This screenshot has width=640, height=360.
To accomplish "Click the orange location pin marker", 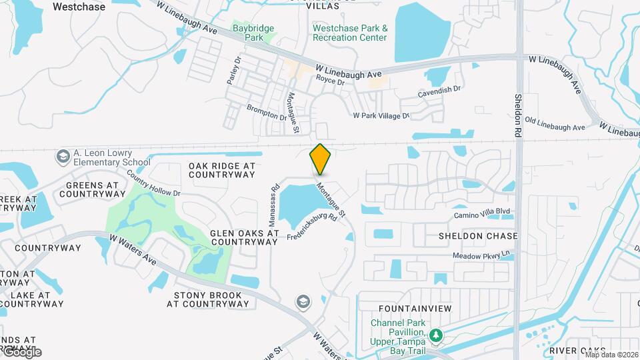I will tap(320, 159).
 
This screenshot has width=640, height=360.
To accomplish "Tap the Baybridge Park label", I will tap(253, 33).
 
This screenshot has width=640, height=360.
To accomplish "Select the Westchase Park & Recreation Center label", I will tap(350, 33).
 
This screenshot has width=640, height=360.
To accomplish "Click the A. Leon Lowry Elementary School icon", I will tap(63, 156).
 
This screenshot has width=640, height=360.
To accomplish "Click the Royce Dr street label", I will tap(330, 82).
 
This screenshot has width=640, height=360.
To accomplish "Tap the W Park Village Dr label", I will tap(381, 115).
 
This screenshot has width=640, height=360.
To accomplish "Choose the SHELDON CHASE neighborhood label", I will tap(477, 236).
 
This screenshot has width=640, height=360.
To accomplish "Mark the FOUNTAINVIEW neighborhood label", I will tap(415, 309).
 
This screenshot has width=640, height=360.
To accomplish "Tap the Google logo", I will tap(21, 351).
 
